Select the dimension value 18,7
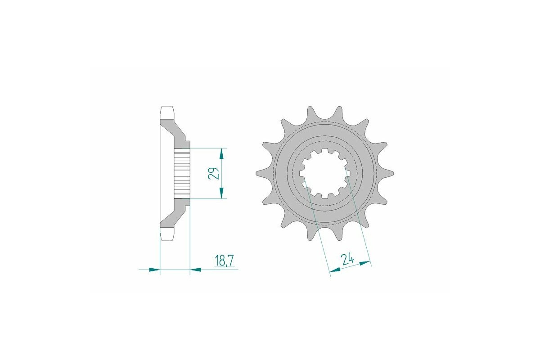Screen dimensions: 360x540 (225, 261)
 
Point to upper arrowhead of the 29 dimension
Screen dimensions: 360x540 (221, 153)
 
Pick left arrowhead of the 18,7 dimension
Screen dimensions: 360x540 (154, 270)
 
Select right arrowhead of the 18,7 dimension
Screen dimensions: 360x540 (196, 270)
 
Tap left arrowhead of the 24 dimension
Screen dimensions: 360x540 (335, 270)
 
